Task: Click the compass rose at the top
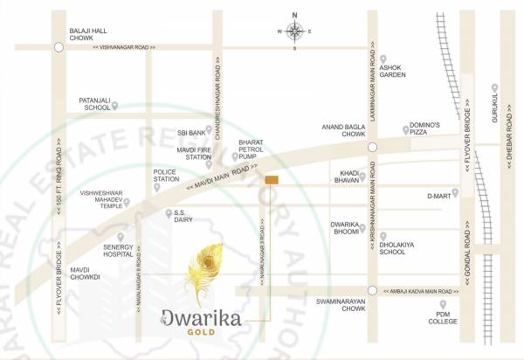coord(294,31)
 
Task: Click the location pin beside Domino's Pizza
coord(406,130)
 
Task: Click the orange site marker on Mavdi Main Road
coord(272,180)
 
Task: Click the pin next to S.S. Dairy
coord(169,213)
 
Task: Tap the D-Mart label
coord(437,197)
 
